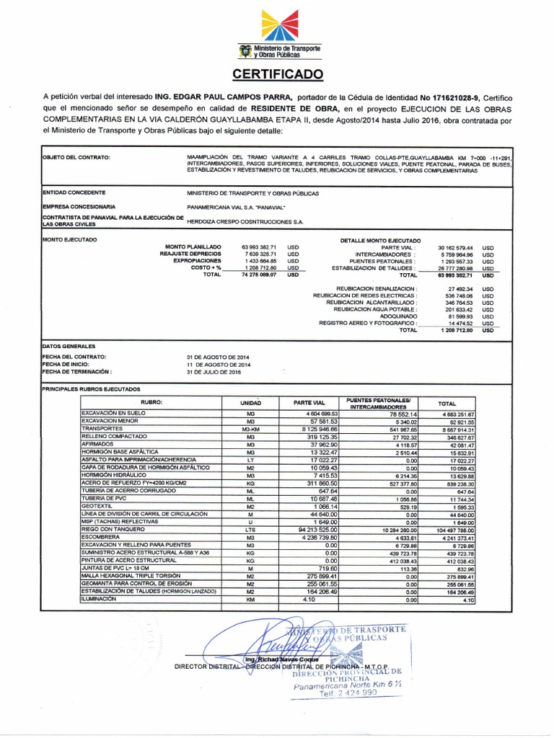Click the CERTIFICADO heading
click(277, 75)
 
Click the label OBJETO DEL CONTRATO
click(76, 157)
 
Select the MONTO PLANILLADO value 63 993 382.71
click(248, 246)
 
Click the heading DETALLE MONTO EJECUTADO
click(381, 239)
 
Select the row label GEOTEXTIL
click(99, 507)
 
